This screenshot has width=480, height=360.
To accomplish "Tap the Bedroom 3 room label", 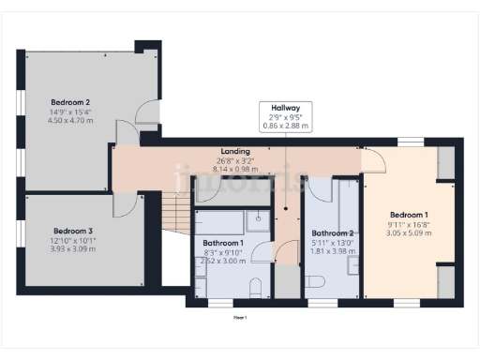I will [x=72, y=231].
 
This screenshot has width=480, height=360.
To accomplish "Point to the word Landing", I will [x=234, y=151].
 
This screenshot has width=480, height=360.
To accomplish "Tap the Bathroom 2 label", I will [x=332, y=233].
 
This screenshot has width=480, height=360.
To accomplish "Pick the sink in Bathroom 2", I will [x=353, y=265].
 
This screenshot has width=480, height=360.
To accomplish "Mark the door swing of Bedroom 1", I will [x=373, y=159].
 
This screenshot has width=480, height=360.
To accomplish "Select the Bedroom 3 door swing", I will [x=125, y=204].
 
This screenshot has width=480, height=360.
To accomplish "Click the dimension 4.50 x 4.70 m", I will [x=70, y=119].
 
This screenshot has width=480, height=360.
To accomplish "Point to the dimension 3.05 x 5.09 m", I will [x=409, y=232].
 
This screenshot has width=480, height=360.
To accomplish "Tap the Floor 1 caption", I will [x=240, y=318].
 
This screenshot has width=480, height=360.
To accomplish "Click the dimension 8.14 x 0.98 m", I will [x=234, y=170].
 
